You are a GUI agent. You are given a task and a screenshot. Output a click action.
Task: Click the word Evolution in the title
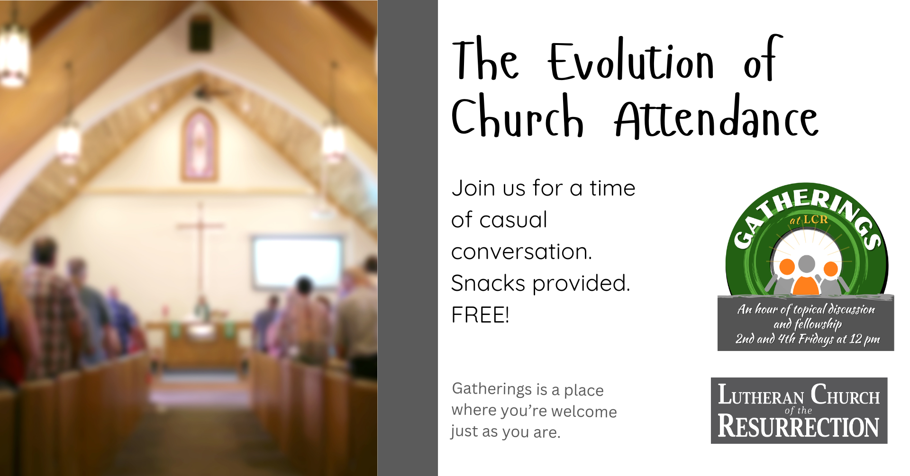click(631, 62)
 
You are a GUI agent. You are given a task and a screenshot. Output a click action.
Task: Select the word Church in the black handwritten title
click(518, 115)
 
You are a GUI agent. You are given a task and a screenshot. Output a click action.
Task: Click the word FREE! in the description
click(480, 315)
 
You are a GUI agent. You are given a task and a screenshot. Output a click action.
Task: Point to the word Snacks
click(488, 283)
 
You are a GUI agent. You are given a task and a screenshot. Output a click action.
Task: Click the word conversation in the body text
click(521, 251)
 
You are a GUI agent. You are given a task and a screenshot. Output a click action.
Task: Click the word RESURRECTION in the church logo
click(799, 426)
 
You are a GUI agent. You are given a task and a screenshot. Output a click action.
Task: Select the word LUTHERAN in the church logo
click(761, 395)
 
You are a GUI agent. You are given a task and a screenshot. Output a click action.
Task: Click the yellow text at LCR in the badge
click(809, 220)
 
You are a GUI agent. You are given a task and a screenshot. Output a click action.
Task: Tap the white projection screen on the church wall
click(297, 262)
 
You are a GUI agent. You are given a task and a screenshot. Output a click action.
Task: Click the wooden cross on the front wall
click(200, 249)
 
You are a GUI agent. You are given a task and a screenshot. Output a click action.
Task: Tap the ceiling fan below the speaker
click(209, 92)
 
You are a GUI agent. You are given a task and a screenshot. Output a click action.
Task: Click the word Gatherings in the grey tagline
click(492, 388)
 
